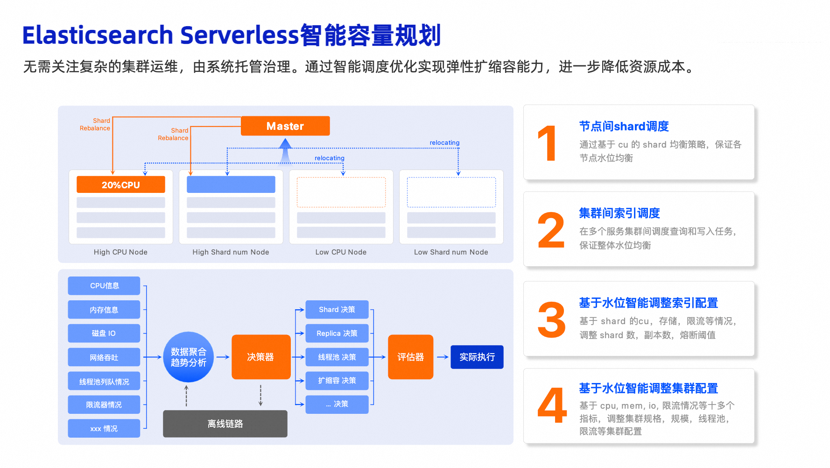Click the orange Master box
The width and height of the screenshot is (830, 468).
pos(285,126)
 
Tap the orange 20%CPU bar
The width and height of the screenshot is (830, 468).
pos(121,185)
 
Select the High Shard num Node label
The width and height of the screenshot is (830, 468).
pos(231,252)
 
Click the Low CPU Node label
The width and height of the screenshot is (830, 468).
pos(341,252)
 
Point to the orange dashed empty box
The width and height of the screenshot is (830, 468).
pos(341,192)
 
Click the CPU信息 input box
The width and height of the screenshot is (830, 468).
pos(104,286)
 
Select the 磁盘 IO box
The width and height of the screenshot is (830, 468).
pos(104,333)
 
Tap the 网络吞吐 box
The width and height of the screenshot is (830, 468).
pos(104,358)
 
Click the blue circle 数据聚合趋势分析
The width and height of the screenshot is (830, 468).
pos(189,357)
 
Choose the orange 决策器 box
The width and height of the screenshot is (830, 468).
pos(260,357)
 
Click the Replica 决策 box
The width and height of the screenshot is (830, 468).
pos(337,333)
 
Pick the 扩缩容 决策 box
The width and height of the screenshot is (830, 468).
pos(337,381)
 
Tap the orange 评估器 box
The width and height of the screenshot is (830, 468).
pos(410,357)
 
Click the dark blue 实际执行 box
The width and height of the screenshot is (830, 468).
pos(477,357)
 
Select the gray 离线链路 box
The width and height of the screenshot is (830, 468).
pos(225,424)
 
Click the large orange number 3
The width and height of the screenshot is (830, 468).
pos(551,320)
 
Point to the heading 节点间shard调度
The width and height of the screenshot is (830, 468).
pos(624,127)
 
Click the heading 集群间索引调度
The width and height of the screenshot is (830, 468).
pos(619,213)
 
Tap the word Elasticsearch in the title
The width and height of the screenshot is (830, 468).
pos(98,35)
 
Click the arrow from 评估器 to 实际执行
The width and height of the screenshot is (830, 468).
pos(442,357)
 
